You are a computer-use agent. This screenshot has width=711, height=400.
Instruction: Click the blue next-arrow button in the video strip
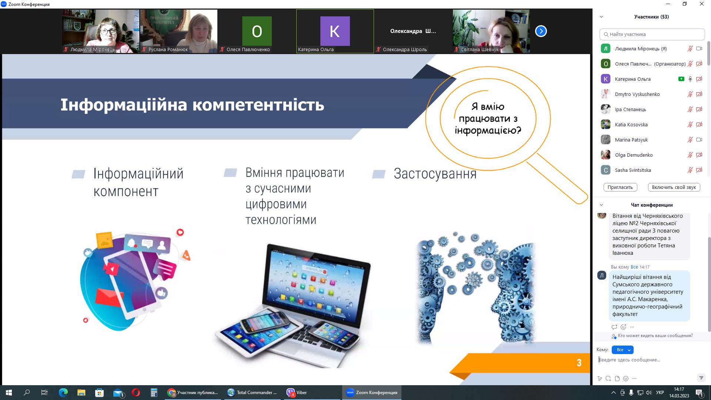(x=541, y=31)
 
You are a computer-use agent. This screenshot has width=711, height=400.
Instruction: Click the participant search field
(x=652, y=34)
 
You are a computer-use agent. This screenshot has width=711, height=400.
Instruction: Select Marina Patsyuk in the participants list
(x=631, y=140)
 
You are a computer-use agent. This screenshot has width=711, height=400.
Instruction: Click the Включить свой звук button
(x=674, y=187)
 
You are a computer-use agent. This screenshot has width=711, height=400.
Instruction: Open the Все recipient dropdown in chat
(x=622, y=350)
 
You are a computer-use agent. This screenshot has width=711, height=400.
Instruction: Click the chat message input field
(x=648, y=360)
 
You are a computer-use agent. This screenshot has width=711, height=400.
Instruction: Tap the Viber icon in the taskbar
(x=291, y=393)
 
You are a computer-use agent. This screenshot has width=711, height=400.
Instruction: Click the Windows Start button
(x=9, y=393)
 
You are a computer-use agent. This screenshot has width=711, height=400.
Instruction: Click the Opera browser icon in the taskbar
(x=136, y=393)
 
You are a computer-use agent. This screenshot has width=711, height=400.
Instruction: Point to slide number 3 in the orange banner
(x=579, y=363)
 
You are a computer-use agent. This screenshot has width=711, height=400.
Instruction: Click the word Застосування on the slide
(x=435, y=174)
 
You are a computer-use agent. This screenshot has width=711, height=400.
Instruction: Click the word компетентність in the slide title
(x=258, y=105)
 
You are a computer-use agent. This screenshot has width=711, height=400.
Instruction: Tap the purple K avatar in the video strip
(x=335, y=31)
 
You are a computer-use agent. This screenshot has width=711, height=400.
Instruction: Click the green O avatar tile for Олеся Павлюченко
(x=257, y=31)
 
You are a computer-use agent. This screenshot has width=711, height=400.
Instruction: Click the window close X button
(x=701, y=4)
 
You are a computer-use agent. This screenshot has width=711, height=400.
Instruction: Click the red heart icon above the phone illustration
(x=180, y=232)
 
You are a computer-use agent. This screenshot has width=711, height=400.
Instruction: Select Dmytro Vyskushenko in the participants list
(x=637, y=94)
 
